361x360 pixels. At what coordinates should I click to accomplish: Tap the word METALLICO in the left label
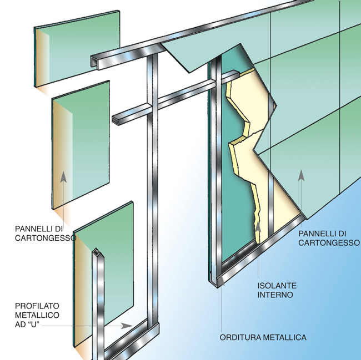coord(37,315)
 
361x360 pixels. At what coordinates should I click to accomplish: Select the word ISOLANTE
coord(277,286)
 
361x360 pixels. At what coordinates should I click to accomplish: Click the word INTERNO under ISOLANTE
coord(275,295)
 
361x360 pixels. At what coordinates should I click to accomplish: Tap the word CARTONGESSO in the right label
coord(329,242)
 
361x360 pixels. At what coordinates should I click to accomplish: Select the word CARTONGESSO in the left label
coord(46,238)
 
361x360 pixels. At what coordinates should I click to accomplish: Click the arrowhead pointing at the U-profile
coord(127,326)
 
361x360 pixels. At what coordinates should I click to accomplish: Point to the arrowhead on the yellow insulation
coord(258,227)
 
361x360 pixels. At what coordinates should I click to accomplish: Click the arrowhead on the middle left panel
coord(63,177)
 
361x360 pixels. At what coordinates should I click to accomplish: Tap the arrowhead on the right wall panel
coord(301,175)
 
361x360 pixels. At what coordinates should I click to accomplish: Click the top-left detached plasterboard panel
coord(77,48)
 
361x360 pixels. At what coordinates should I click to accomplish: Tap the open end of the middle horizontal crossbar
coord(115,120)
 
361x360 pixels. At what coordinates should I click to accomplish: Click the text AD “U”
coord(27,324)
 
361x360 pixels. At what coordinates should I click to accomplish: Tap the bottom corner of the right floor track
coord(218,287)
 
